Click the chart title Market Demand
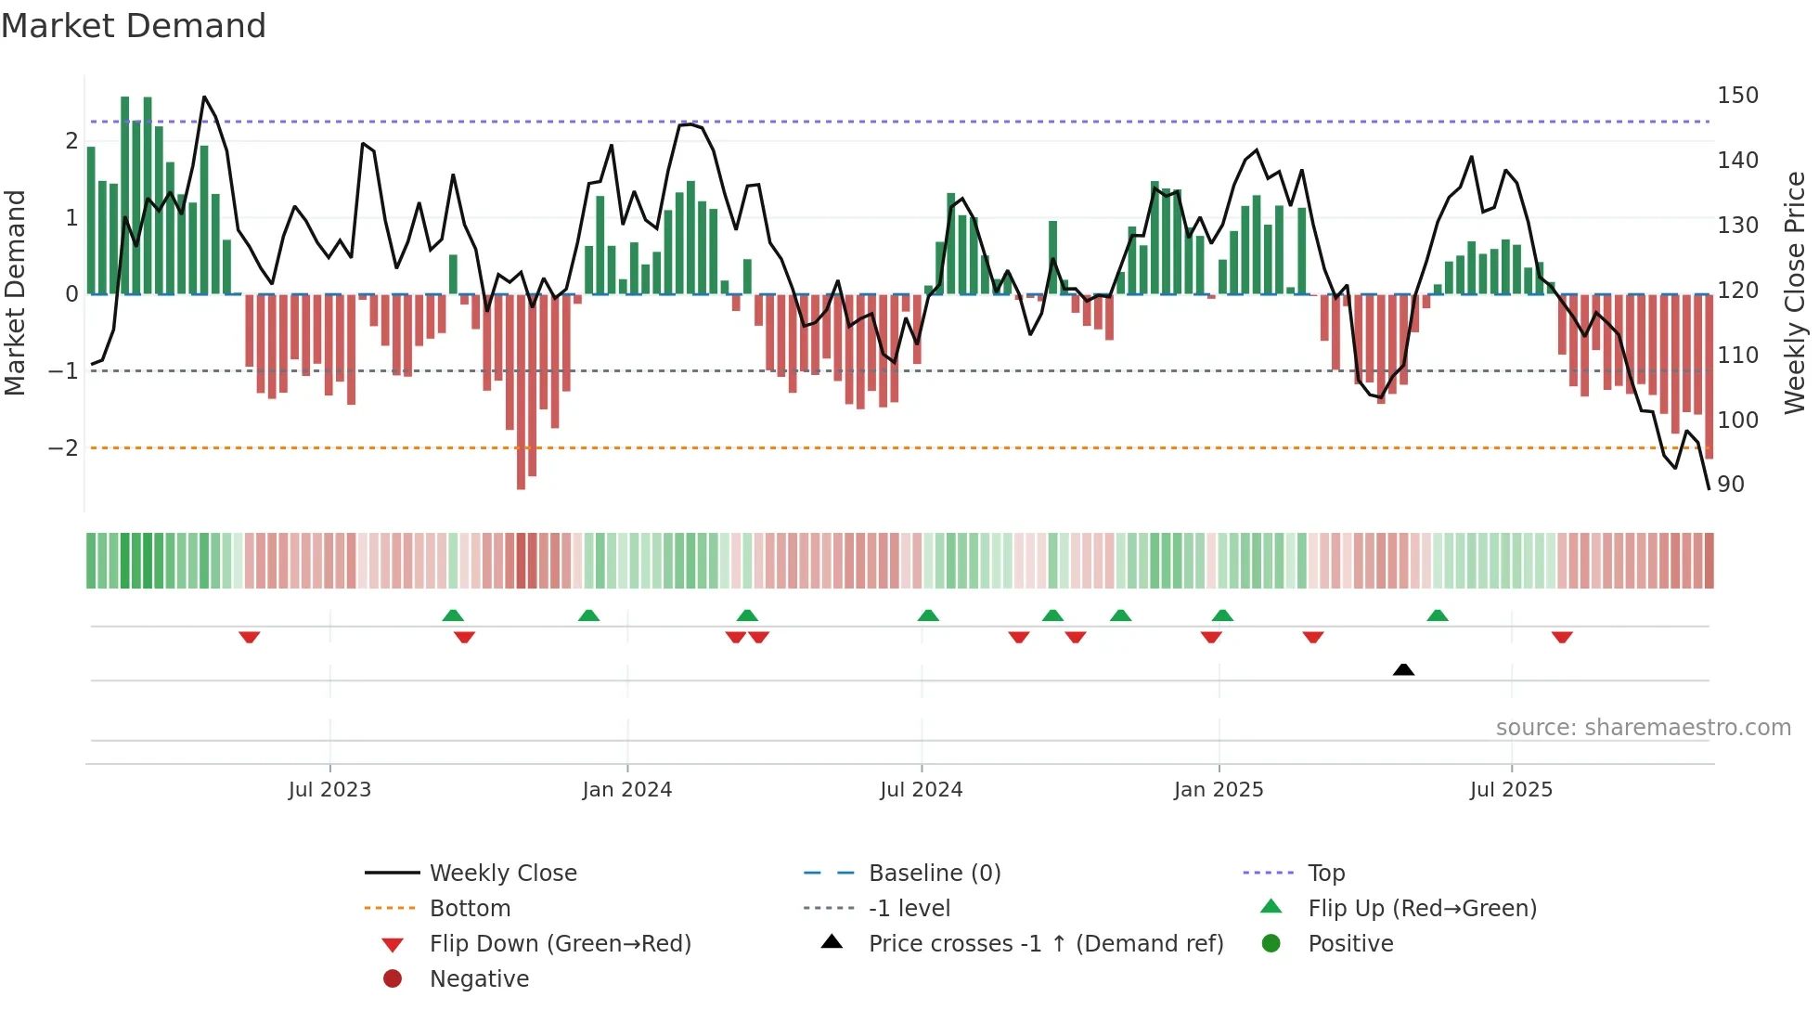[134, 26]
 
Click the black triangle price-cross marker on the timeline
[1403, 669]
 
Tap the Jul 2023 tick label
[329, 790]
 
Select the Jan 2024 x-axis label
[626, 790]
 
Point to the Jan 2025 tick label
[1218, 790]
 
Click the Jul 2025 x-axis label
[1511, 790]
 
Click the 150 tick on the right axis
[1737, 96]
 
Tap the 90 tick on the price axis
[1730, 485]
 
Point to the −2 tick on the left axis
[63, 448]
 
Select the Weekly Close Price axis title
[1795, 292]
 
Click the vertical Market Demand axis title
[16, 292]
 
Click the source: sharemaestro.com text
[1643, 728]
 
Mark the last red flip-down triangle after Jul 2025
[1562, 637]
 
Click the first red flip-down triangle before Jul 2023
[249, 637]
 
